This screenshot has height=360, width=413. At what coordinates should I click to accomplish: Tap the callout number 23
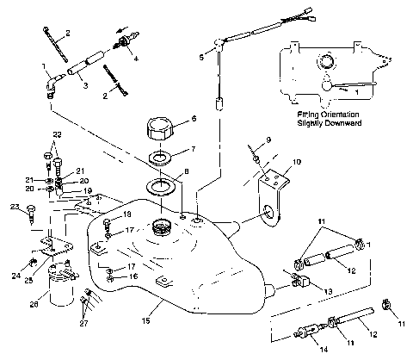(x=15, y=207)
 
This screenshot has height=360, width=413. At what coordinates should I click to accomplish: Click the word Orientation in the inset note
(x=334, y=114)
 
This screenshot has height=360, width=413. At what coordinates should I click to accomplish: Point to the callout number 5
(x=200, y=56)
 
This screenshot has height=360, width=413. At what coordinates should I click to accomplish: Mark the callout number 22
(x=57, y=135)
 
